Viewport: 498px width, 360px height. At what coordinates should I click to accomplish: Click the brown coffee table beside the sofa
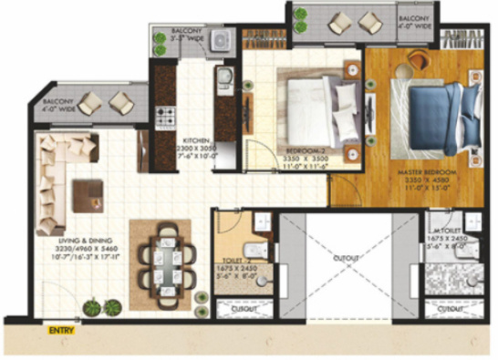click(87, 194)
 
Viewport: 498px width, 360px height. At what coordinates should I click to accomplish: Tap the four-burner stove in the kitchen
click(165, 116)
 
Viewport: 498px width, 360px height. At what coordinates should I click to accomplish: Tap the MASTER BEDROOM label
click(420, 171)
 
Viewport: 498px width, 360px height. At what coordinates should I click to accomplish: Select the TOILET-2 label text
click(233, 260)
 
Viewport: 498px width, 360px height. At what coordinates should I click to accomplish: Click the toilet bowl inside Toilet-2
click(258, 253)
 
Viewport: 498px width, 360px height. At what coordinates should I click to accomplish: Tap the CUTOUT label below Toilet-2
click(241, 310)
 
